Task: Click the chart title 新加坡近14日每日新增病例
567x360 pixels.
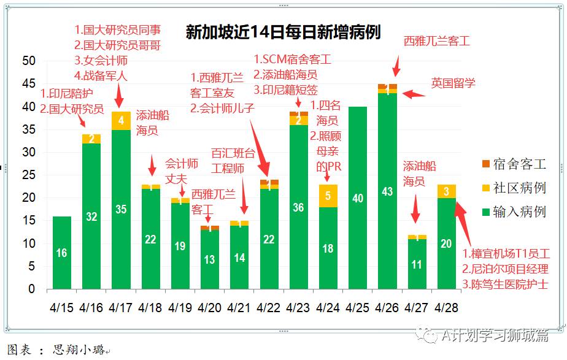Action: [x=283, y=33]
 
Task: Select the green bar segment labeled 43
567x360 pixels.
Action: [x=387, y=191]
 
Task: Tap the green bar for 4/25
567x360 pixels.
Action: [x=358, y=198]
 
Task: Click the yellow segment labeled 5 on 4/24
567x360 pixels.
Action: [x=328, y=196]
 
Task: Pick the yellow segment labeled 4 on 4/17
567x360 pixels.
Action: [x=121, y=121]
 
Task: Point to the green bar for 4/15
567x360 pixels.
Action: [x=61, y=253]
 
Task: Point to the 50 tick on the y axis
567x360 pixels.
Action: [x=28, y=61]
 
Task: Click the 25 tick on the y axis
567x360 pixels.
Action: [x=28, y=175]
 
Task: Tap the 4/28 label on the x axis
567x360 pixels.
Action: [x=447, y=306]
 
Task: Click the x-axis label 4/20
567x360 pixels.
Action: [x=209, y=306]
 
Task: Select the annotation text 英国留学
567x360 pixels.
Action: [x=453, y=83]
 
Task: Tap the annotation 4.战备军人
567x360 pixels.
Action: [x=101, y=76]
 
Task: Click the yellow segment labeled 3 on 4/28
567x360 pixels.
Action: [x=447, y=191]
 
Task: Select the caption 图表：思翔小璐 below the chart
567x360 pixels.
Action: [x=58, y=351]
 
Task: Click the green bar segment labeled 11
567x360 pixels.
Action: [x=417, y=264]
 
